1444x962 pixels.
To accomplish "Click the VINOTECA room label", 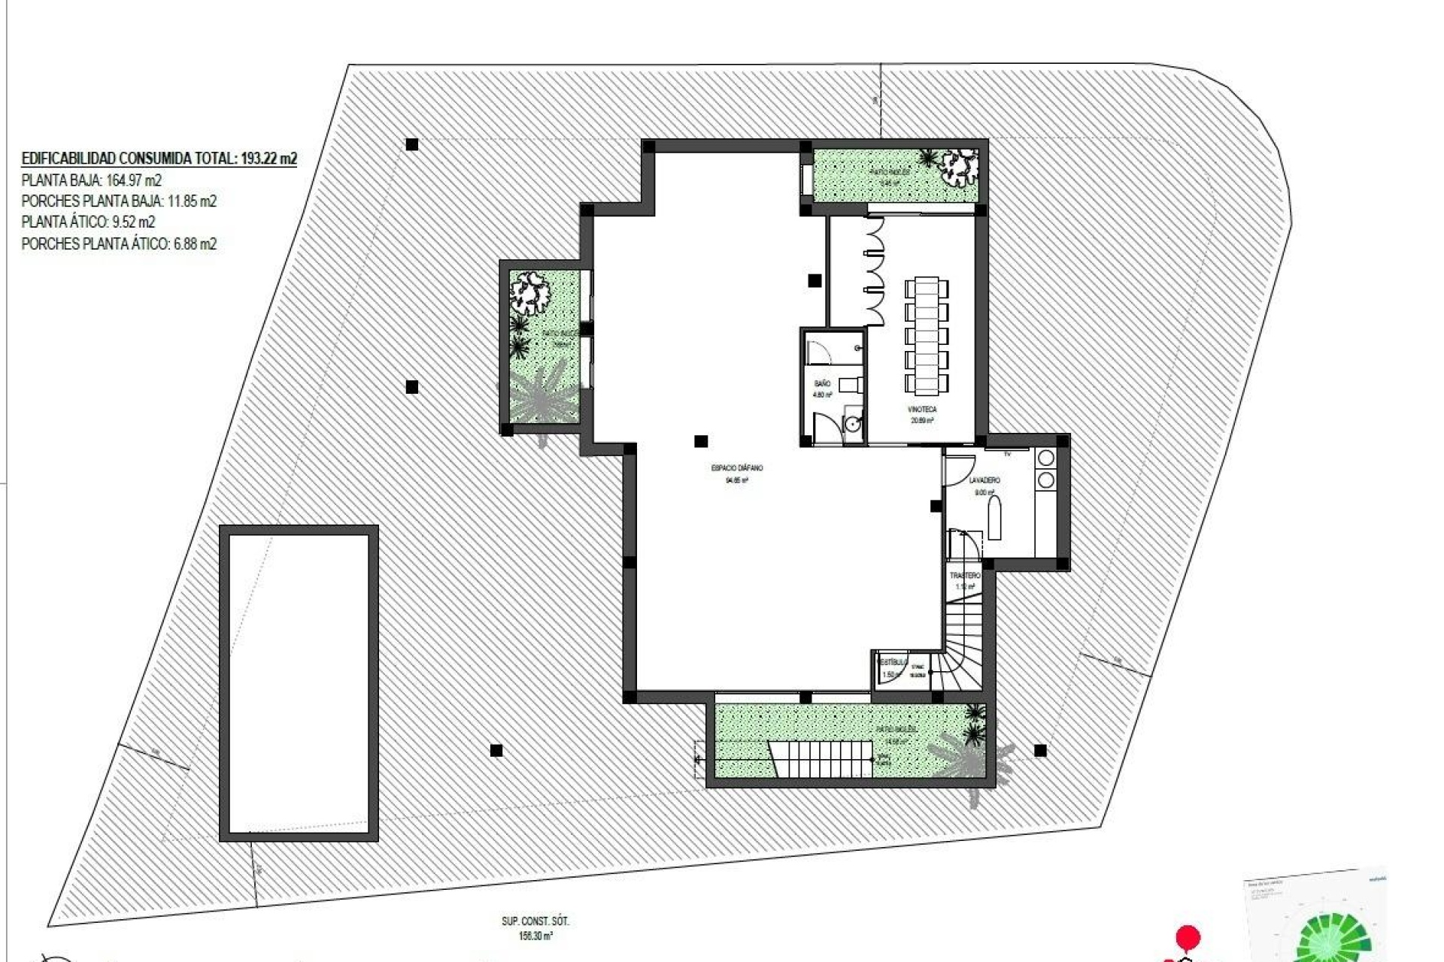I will click(922, 410).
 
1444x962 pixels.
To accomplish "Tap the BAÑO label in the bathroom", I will click(822, 384).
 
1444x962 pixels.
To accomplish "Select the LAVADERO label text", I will click(984, 479).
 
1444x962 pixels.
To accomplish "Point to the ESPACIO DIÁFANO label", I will click(736, 468).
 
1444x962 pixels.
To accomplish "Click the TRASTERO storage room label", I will click(965, 576).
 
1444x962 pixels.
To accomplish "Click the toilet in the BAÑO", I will click(849, 384).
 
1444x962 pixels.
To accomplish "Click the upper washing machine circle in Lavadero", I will click(1045, 457).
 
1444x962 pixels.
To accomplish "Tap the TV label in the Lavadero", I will click(1007, 454).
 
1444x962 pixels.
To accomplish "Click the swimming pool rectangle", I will click(299, 683).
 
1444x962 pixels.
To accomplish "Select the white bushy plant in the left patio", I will click(529, 294).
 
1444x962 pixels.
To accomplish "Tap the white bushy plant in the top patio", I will click(960, 167).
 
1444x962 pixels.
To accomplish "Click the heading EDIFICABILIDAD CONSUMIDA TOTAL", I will click(159, 159).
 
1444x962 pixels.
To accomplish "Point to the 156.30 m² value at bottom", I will click(535, 936).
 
